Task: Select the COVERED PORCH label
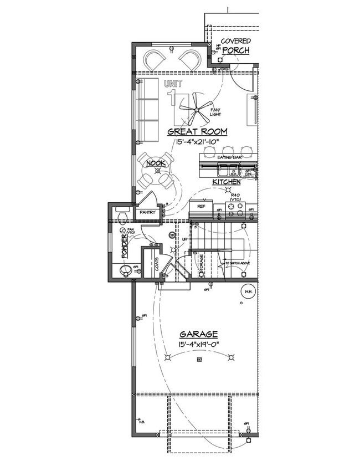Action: [x=235, y=46]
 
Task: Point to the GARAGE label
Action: [x=198, y=334]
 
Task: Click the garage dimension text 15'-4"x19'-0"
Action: [x=198, y=344]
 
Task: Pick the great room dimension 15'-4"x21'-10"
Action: [x=197, y=142]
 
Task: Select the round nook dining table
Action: [x=156, y=171]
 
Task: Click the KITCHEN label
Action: [x=226, y=182]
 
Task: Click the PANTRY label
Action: [x=147, y=212]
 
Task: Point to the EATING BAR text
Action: [x=228, y=158]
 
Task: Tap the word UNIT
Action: [x=173, y=84]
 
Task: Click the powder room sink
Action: [x=122, y=270]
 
